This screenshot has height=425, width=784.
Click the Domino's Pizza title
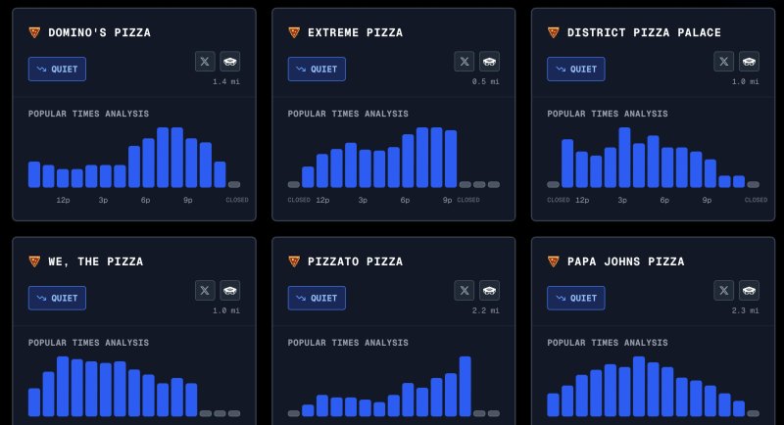coord(99,32)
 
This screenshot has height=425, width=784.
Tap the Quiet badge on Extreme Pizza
coord(317,70)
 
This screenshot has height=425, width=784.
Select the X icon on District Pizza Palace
coord(724,62)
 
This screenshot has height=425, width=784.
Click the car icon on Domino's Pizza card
coord(229,62)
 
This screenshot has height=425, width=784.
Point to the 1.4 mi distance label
coord(226,81)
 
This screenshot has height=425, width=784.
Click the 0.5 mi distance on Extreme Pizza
coord(486,81)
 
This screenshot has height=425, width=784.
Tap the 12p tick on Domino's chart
coord(63,200)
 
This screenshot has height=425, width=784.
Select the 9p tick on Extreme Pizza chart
coord(448,200)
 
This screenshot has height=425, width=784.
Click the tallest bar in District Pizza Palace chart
coord(624,157)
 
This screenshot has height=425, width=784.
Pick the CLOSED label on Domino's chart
coord(237,200)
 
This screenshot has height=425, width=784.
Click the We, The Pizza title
coord(95,261)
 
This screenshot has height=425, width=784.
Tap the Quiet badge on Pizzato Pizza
coord(317,298)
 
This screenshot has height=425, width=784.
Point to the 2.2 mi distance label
coord(486,310)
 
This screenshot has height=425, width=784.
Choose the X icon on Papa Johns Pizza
coord(724,290)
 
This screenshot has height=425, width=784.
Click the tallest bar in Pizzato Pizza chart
coord(465,386)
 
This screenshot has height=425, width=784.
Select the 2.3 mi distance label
coord(746,310)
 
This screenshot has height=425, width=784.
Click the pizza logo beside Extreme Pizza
coord(294,32)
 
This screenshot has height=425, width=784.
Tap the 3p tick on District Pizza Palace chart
coord(622,200)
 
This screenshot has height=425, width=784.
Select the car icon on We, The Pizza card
coord(229,290)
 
